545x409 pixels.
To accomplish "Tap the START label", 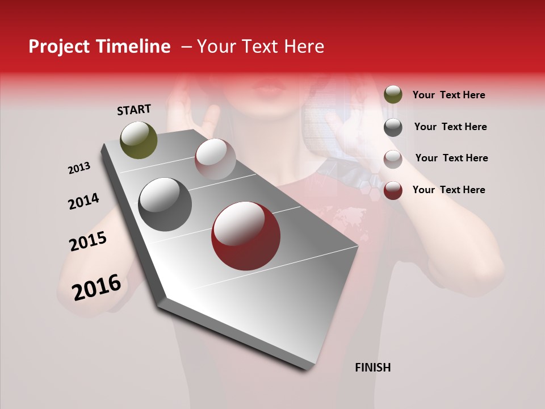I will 134,110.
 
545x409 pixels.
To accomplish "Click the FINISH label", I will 372,368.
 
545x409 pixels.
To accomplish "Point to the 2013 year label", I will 79,168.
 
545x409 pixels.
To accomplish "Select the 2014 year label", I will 83,201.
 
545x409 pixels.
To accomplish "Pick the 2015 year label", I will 88,241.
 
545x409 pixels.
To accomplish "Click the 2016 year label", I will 97,287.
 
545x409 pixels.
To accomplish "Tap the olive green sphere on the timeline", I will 139,140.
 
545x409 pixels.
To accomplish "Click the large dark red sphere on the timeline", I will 246,236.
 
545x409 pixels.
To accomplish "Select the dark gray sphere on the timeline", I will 165,204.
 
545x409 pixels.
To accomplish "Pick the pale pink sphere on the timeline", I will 215,159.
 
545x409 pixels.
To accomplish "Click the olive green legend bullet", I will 393,94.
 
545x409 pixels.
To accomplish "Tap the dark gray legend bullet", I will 393,127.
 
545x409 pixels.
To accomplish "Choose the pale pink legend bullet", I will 393,159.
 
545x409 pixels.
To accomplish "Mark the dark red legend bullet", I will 393,190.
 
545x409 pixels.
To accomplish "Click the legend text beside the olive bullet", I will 448,95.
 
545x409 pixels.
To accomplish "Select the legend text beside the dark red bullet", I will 448,190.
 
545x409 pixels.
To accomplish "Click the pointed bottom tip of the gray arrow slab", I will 307,366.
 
